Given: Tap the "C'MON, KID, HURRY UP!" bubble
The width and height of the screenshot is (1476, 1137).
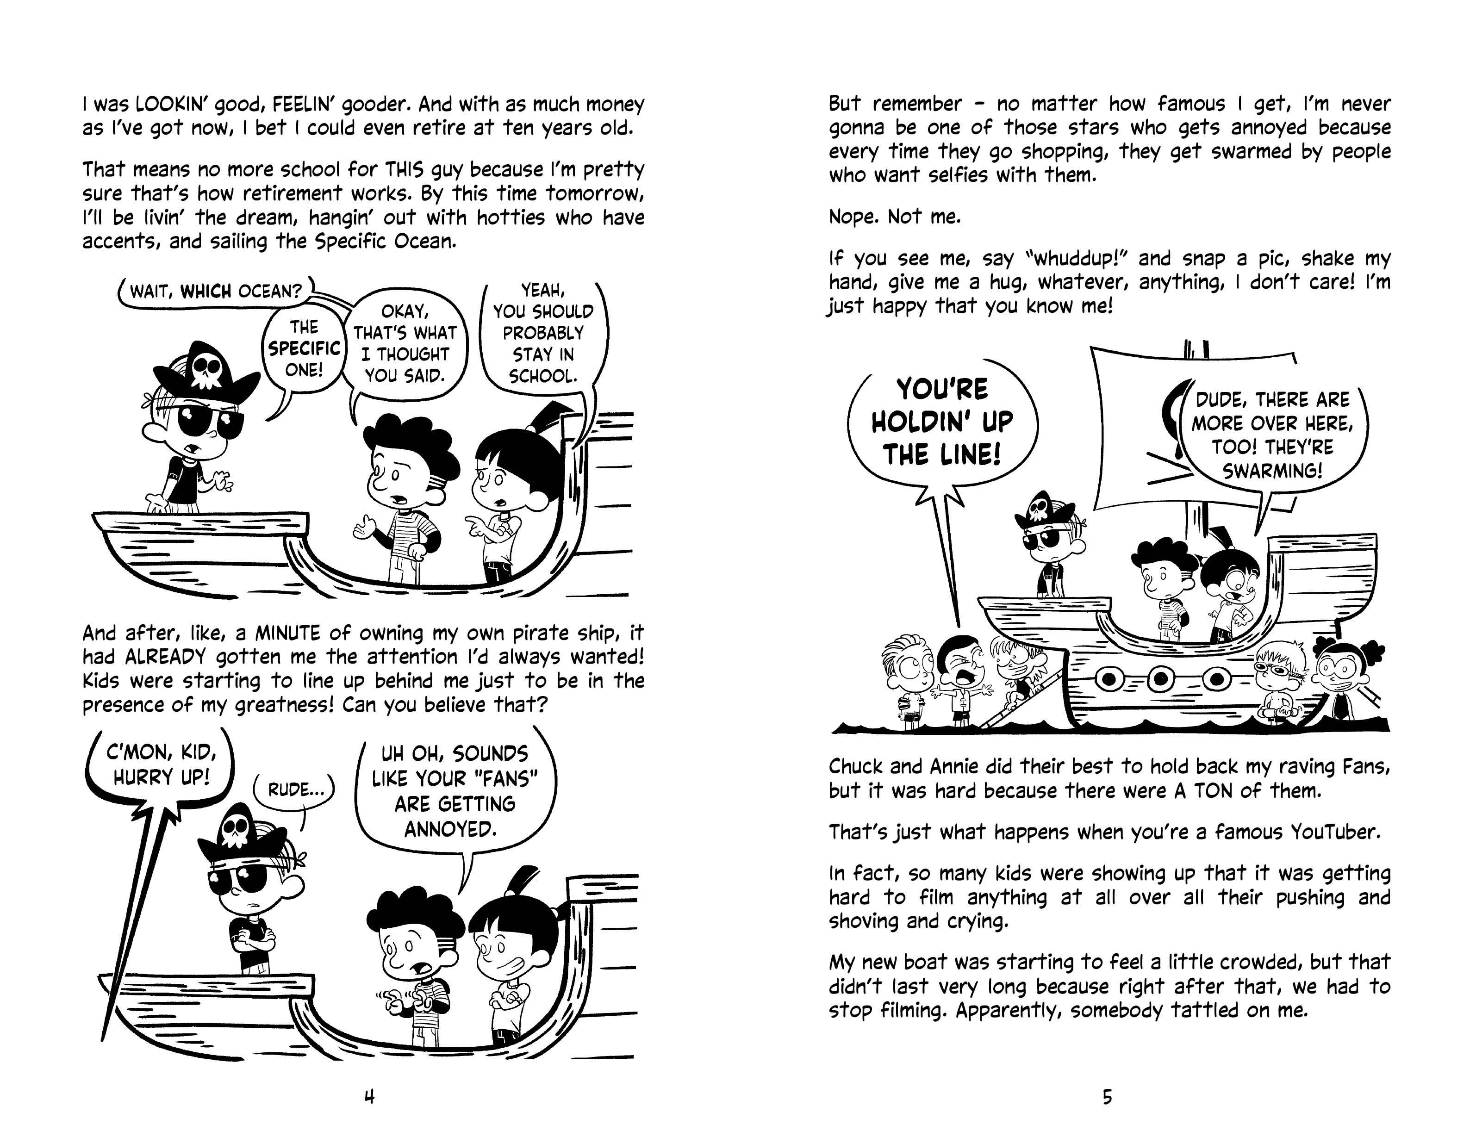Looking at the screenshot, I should (161, 765).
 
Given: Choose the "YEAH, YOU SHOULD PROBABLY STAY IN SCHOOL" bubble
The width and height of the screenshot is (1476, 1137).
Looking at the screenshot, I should (543, 333).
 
